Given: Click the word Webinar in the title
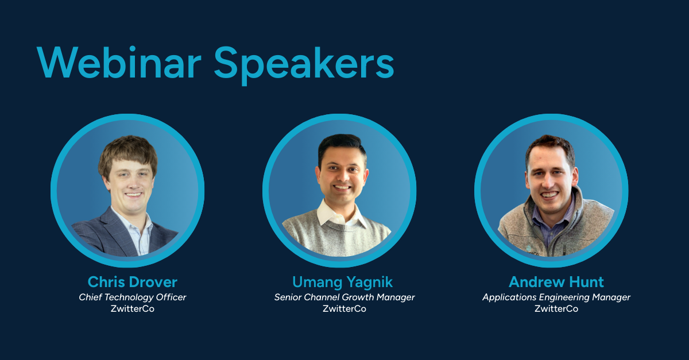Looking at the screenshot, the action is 119,63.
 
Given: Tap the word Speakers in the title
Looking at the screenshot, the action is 304,65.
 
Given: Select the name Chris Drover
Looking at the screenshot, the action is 133,282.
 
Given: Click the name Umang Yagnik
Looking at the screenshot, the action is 342,282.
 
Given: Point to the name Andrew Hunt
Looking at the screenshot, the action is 556,282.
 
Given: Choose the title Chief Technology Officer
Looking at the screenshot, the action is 133,297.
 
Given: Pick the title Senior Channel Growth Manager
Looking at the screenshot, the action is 344,297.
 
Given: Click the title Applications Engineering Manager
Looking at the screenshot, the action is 556,297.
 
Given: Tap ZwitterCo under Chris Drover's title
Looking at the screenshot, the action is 133,309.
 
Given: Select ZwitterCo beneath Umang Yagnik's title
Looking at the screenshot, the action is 344,309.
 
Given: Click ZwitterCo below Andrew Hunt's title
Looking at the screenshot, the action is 556,309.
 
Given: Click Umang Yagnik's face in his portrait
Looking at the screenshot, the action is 342,179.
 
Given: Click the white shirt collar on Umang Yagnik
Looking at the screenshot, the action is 338,214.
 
